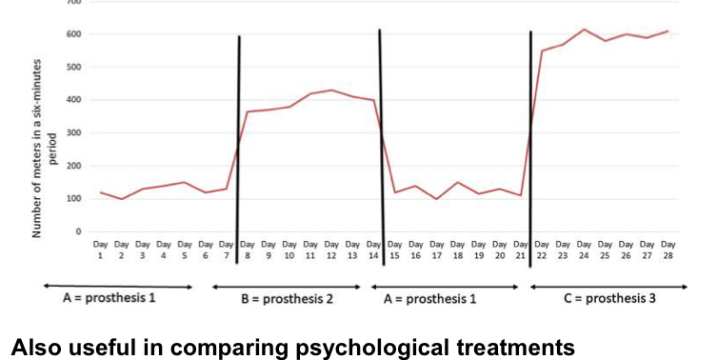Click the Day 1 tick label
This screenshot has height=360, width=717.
[x=101, y=250]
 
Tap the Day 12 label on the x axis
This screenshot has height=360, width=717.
[x=331, y=250]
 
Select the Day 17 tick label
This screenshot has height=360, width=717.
[x=436, y=250]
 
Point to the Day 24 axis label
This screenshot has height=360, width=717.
[x=584, y=250]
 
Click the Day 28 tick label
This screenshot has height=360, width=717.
[x=667, y=250]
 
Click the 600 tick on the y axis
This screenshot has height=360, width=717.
[x=72, y=34]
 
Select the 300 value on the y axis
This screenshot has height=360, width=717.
[x=72, y=133]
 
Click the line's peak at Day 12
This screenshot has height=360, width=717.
[x=331, y=90]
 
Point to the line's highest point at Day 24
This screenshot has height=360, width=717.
[x=584, y=30]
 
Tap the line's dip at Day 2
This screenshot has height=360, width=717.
[x=122, y=199]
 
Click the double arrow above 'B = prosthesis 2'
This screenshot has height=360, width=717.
[x=286, y=285]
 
